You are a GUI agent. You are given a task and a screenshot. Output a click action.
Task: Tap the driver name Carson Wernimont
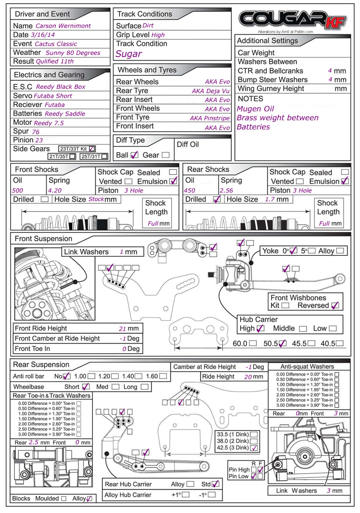coord(63,26)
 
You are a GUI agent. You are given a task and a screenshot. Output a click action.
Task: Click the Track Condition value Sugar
coord(129,54)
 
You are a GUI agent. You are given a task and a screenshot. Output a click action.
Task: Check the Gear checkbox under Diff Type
coord(166,155)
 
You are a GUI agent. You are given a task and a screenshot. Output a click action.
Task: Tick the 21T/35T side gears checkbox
coord(72,156)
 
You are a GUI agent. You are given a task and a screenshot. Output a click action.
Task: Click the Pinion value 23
coord(39,140)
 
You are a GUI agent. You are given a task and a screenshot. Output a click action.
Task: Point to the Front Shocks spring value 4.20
coord(55,191)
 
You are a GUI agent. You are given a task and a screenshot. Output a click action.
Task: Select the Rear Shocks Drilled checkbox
coord(217,199)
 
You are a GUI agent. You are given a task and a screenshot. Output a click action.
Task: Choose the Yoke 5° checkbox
coord(312,251)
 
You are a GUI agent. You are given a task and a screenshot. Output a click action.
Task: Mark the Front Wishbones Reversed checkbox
coord(335,305)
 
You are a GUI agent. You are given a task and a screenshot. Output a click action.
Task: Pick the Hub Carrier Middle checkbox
coord(303,329)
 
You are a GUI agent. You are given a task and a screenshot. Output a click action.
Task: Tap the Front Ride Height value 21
coord(123,328)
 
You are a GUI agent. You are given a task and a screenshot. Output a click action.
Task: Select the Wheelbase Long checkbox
coord(144,387)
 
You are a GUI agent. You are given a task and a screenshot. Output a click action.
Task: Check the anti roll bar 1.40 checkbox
coord(138,376)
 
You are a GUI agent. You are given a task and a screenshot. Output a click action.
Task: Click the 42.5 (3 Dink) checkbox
coord(254,448)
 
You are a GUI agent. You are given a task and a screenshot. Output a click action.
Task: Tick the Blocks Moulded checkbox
coord(64,499)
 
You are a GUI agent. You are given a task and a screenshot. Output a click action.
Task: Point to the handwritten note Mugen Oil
coord(255,109)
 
